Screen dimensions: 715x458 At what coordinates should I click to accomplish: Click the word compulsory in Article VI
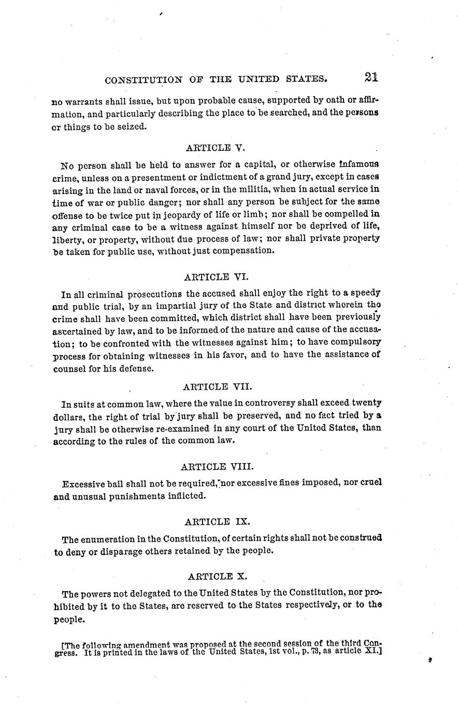pyautogui.click(x=354, y=342)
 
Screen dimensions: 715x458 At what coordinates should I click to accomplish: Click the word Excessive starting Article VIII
pyautogui.click(x=83, y=484)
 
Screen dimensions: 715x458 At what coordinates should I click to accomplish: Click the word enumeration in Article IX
pyautogui.click(x=109, y=538)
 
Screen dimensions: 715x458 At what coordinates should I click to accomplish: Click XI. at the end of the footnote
pyautogui.click(x=373, y=651)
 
